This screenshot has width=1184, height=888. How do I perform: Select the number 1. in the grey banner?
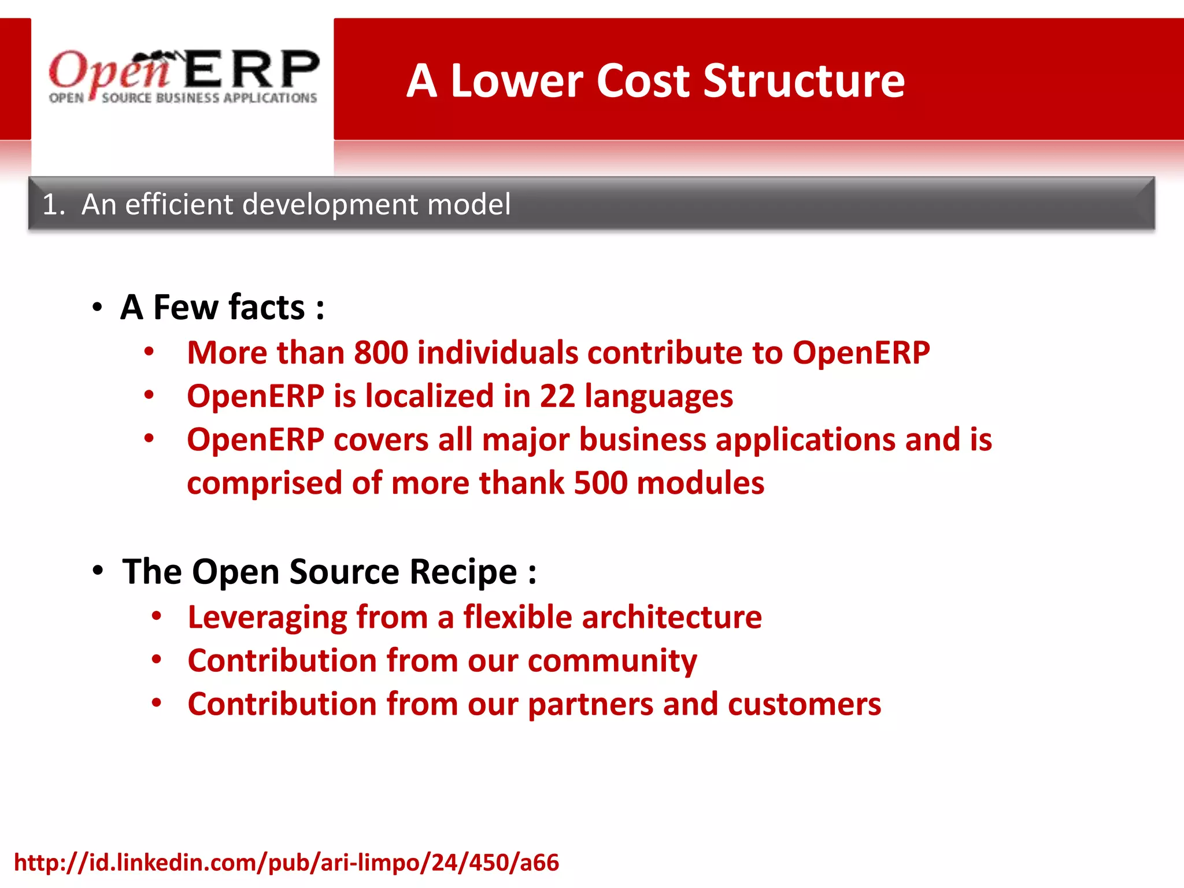point(53,205)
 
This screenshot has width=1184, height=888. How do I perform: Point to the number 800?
point(381,353)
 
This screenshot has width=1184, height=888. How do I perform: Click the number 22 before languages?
point(557,397)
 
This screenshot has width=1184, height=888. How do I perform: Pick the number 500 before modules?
point(600,483)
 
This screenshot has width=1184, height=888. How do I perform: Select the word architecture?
point(671,617)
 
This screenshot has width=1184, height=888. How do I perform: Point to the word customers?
point(804,704)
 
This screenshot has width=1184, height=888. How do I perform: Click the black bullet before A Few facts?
point(97,307)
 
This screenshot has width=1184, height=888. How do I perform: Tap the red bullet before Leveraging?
point(156,616)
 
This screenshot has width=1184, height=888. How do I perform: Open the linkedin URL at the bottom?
point(286,863)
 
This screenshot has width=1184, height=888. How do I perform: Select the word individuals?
point(497,353)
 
